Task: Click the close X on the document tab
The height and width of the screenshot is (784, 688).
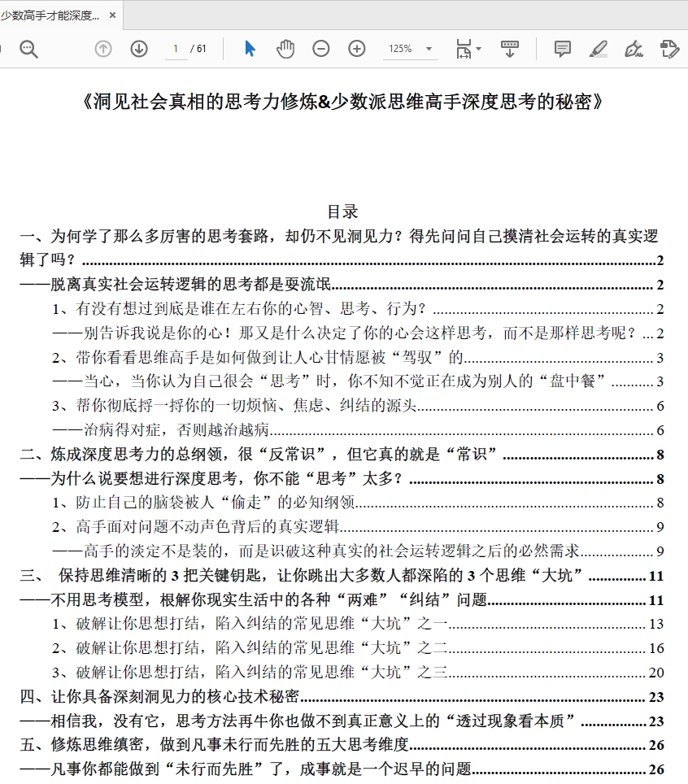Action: click(112, 15)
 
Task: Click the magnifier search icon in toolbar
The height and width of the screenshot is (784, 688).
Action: click(29, 49)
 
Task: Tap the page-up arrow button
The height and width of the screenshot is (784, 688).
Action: click(103, 49)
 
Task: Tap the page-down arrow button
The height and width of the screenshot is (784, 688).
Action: click(139, 49)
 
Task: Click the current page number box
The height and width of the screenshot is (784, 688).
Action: click(175, 49)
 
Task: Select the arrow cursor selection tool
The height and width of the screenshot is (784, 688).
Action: click(250, 49)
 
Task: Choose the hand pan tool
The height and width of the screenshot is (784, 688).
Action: click(285, 49)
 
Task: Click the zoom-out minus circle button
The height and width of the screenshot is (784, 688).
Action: click(321, 49)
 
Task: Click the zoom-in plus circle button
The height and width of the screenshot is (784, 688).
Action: click(357, 49)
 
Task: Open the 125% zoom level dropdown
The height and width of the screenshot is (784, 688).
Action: click(429, 49)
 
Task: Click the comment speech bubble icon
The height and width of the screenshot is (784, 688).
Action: click(562, 49)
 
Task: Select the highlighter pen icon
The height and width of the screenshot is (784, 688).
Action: click(599, 49)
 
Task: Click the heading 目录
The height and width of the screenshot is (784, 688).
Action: click(342, 211)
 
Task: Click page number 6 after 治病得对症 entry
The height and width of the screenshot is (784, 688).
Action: click(660, 430)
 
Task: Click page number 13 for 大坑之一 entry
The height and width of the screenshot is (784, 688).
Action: click(656, 625)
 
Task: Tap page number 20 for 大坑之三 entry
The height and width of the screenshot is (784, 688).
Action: click(656, 673)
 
